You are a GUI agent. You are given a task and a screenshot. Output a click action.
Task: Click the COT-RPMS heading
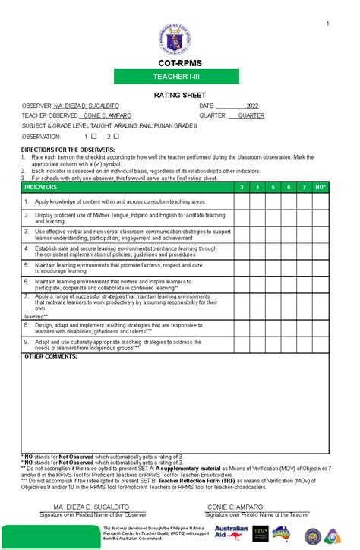coord(180,65)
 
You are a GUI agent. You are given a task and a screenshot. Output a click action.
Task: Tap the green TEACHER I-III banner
coord(180,77)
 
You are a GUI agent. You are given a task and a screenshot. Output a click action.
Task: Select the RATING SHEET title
coord(180,95)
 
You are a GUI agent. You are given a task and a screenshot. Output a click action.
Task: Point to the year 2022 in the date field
coord(251,106)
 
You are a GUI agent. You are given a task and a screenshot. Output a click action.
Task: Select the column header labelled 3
coord(241,186)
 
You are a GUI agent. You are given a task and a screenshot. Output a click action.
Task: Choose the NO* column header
coord(321,186)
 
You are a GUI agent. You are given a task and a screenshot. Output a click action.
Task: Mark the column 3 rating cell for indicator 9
coord(241,345)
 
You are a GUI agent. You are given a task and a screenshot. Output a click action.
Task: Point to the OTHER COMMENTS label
coord(51,356)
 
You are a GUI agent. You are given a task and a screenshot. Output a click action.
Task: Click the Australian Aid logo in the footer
coord(230,533)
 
